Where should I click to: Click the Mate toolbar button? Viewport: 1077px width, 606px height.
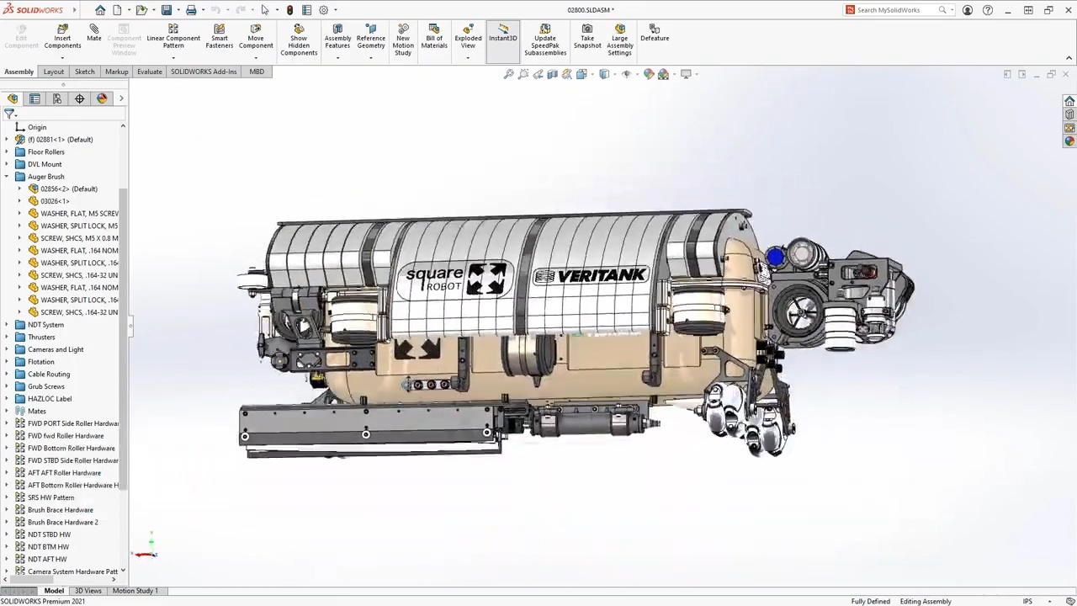click(x=93, y=33)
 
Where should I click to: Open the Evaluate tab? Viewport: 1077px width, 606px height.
click(x=149, y=72)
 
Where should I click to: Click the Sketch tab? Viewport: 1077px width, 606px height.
click(x=84, y=72)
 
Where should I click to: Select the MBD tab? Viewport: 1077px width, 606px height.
click(x=257, y=72)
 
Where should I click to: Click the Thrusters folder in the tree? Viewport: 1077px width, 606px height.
click(x=41, y=337)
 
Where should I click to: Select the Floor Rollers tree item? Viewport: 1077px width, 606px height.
click(x=45, y=151)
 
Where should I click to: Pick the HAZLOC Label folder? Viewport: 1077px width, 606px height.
click(x=50, y=399)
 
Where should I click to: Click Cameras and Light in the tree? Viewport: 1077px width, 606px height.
click(x=56, y=349)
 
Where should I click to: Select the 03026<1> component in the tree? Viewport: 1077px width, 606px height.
click(x=55, y=201)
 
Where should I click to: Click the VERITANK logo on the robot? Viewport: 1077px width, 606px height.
click(x=591, y=276)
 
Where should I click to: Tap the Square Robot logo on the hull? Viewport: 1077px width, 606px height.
click(x=457, y=279)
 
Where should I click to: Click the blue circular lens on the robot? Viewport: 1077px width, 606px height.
click(x=775, y=257)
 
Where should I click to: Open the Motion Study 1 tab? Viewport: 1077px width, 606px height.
click(x=135, y=591)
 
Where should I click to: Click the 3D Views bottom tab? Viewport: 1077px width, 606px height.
click(x=88, y=591)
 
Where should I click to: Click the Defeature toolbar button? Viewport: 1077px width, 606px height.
click(x=655, y=33)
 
